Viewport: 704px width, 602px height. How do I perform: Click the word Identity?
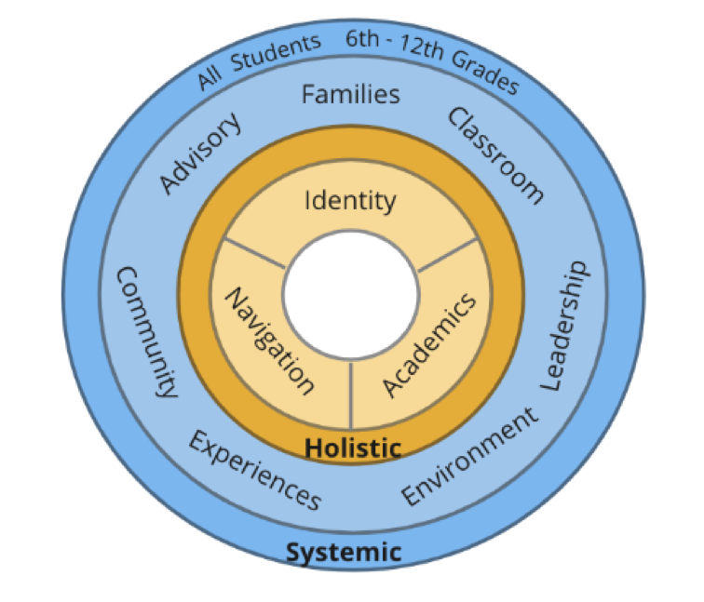tap(351, 201)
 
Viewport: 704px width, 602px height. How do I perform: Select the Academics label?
tap(429, 343)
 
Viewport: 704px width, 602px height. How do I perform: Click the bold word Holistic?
tap(353, 448)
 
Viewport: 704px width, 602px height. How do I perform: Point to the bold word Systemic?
tap(344, 552)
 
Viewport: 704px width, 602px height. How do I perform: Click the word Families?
tap(351, 94)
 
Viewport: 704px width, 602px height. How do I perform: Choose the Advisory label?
tap(200, 154)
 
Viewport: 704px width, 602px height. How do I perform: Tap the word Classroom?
tap(494, 154)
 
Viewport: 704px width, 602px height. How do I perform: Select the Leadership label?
tap(565, 325)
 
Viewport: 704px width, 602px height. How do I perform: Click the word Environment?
tap(470, 457)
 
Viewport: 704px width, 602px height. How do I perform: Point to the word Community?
tap(144, 331)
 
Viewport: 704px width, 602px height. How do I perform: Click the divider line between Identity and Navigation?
tap(254, 255)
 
